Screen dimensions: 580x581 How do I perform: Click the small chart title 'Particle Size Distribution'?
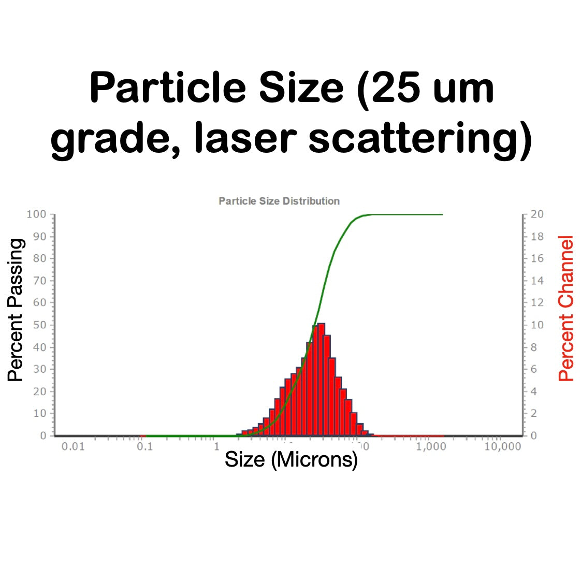tap(279, 201)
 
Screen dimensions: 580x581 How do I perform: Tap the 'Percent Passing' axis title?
tap(16, 310)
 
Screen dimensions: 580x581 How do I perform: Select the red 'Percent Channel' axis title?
tap(567, 309)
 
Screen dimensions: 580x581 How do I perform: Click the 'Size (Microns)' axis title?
tap(291, 459)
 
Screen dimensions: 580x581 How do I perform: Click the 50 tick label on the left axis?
tap(40, 325)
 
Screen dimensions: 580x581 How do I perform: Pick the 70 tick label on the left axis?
tap(40, 281)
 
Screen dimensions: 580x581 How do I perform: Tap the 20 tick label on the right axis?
tap(537, 214)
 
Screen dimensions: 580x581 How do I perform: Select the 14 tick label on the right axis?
tap(537, 281)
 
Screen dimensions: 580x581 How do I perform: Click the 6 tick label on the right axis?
tap(534, 369)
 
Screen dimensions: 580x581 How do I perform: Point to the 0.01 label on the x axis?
tap(73, 446)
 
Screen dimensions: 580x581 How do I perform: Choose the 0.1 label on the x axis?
tap(145, 446)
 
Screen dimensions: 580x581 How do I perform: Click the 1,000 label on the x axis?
tap(431, 446)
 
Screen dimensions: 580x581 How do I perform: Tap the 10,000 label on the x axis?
tap(502, 446)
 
